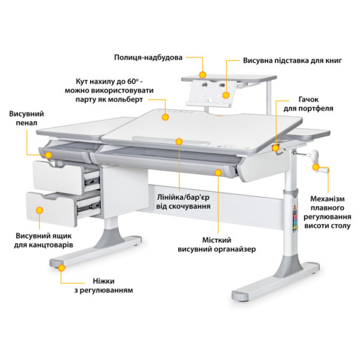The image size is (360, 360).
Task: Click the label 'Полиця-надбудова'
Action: [x=148, y=58]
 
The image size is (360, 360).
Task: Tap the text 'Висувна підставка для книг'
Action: [x=292, y=60]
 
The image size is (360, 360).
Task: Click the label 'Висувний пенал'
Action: [x=27, y=118]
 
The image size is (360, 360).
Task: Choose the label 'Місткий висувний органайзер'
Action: [x=216, y=244]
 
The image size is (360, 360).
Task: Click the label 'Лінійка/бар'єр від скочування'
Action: [x=184, y=202]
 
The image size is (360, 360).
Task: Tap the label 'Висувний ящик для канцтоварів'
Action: [x=44, y=240]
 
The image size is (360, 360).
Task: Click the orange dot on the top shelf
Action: [x=203, y=75]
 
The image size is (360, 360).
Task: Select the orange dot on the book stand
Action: [x=226, y=95]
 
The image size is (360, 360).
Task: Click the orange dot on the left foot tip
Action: [x=62, y=267]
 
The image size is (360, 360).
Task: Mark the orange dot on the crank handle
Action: [x=316, y=167]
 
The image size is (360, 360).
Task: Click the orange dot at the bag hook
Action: [x=276, y=148]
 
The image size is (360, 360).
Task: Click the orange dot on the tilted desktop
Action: [x=165, y=117]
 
